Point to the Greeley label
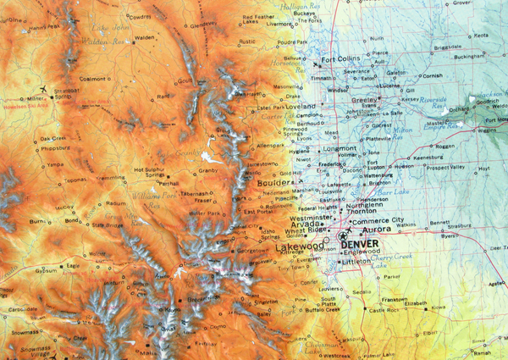(364, 100)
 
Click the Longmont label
(341, 148)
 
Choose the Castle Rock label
(386, 311)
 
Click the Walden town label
(145, 38)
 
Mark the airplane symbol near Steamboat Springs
(42, 88)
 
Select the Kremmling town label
(110, 178)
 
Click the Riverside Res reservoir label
(433, 100)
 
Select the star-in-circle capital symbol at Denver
(343, 237)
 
